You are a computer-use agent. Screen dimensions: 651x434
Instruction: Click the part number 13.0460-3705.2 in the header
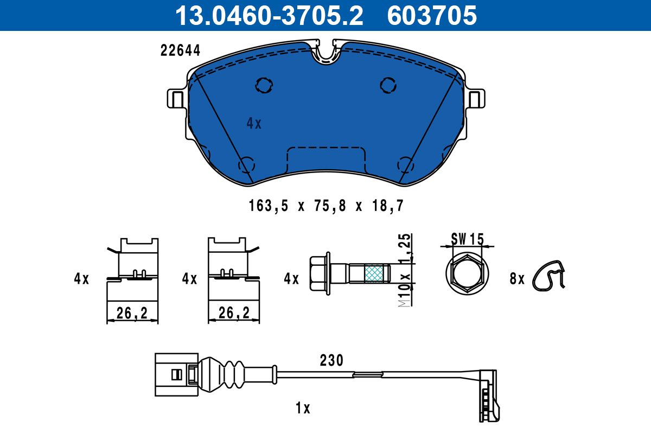(269, 16)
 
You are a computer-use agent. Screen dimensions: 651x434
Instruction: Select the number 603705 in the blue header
(432, 16)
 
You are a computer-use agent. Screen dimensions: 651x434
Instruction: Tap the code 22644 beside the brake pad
(180, 50)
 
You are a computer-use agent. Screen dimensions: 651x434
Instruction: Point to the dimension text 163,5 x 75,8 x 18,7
(326, 206)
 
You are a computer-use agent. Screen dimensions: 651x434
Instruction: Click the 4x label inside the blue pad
(254, 124)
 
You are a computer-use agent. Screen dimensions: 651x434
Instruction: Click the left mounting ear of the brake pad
(177, 99)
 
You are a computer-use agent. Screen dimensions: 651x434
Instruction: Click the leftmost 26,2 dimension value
(132, 313)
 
